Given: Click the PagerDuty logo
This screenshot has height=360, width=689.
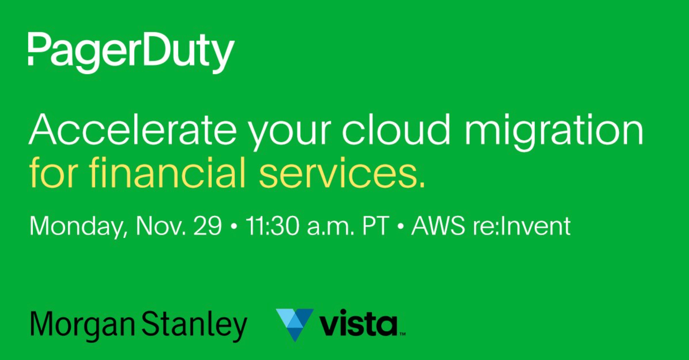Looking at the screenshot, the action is pos(131,53).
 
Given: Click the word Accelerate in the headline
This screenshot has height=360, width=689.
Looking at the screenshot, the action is pos(133,129).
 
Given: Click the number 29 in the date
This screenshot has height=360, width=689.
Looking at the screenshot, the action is pos(208,226).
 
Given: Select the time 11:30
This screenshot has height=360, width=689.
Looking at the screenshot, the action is pos(272,226).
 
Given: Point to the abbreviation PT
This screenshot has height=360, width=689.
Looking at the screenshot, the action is pos(376,226).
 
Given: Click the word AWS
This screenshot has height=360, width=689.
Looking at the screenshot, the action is pos(438,226).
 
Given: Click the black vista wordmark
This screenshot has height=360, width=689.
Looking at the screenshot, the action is pos(359,323).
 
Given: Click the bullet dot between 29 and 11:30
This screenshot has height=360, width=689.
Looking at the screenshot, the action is pos(234,227).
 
